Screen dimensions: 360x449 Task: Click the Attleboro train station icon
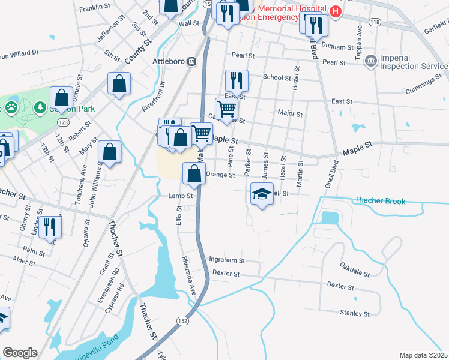pyautogui.click(x=192, y=61)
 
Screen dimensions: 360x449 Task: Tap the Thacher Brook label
pyautogui.click(x=379, y=201)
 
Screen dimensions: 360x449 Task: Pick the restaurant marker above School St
pyautogui.click(x=237, y=80)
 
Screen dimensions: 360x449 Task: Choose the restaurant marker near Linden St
pyautogui.click(x=50, y=227)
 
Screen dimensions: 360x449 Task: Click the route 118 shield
pyautogui.click(x=375, y=22)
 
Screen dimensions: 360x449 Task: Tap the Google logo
pyautogui.click(x=20, y=353)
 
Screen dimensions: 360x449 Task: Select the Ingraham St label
pyautogui.click(x=226, y=260)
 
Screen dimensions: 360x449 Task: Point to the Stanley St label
pyautogui.click(x=355, y=313)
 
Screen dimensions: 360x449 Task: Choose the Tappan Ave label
pyautogui.click(x=360, y=40)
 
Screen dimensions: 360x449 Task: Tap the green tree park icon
pyautogui.click(x=40, y=107)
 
